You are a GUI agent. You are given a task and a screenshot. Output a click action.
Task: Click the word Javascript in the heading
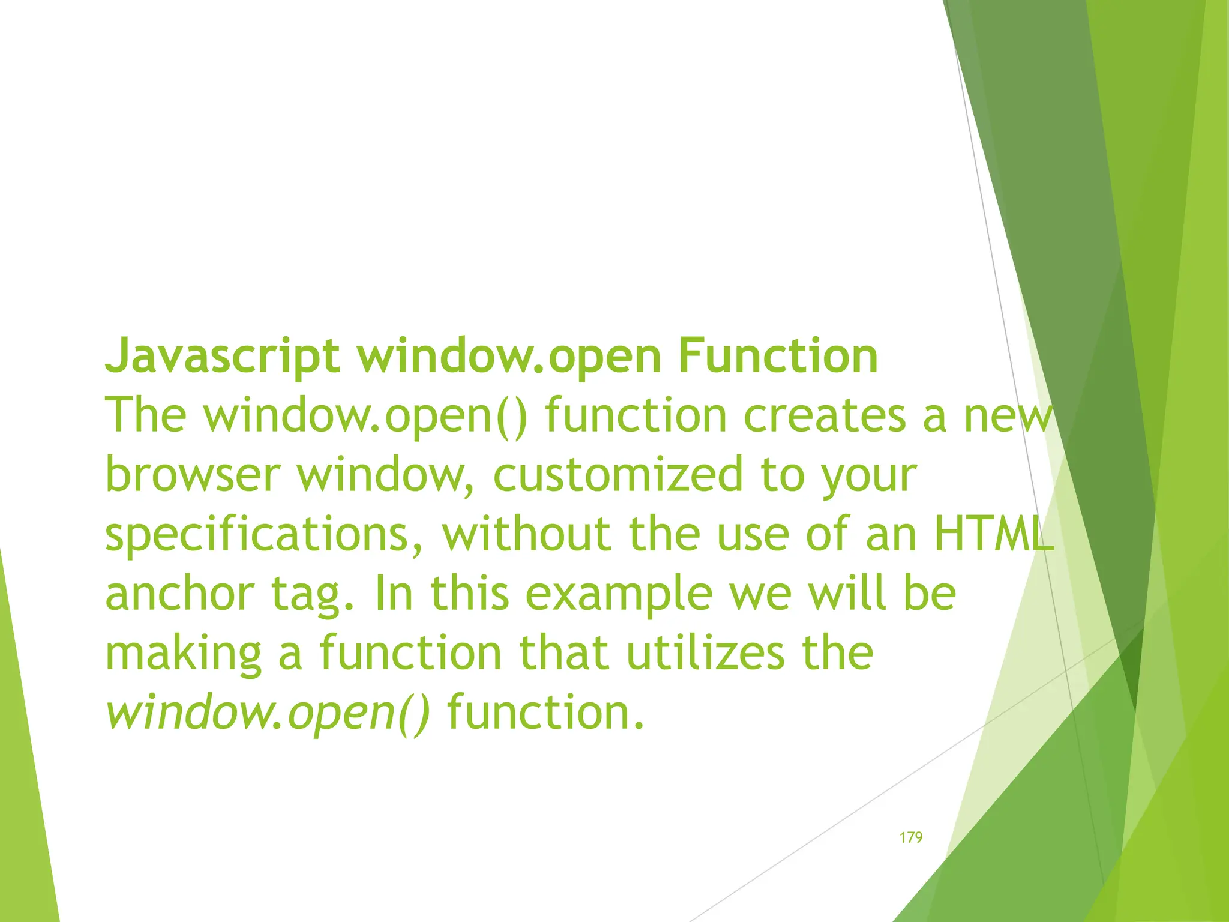(x=222, y=357)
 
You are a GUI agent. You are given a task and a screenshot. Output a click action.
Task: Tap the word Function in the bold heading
(x=778, y=355)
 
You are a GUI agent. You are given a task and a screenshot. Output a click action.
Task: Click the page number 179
(x=910, y=837)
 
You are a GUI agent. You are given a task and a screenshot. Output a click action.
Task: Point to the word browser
(x=193, y=474)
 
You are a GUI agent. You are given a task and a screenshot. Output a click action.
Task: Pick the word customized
(x=618, y=474)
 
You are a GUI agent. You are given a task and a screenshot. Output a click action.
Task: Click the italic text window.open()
(x=268, y=713)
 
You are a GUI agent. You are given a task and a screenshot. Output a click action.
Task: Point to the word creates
(x=825, y=415)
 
